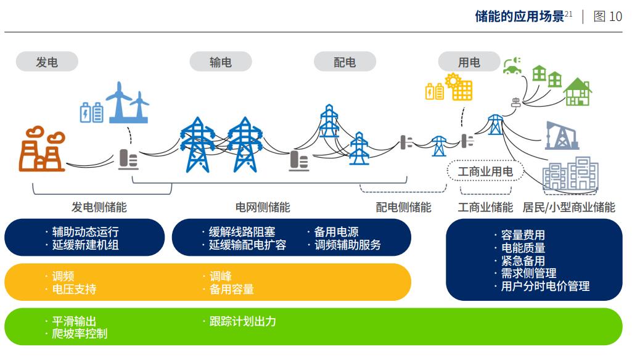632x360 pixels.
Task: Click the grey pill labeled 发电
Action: pos(47,62)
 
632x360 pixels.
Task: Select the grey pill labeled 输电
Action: pos(221,62)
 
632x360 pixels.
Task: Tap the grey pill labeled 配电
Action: pos(345,62)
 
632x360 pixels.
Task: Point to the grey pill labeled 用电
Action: pos(469,62)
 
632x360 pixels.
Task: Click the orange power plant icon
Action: pos(42,149)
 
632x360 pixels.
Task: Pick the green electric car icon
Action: pos(512,66)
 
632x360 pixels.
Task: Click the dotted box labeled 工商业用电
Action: pos(485,171)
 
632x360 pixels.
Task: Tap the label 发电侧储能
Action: pos(99,207)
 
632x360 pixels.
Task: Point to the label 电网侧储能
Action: pos(263,207)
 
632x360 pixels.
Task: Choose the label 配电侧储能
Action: pos(403,207)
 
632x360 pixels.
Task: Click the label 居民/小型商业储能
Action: pos(568,207)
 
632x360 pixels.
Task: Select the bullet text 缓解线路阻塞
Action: pos(242,232)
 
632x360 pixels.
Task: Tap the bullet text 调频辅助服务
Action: pos(347,245)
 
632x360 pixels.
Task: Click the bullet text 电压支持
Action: pos(74,289)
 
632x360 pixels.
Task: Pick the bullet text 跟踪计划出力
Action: pos(243,321)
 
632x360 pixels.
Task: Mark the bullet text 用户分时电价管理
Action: pos(545,286)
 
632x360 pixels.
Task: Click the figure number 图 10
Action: pos(607,17)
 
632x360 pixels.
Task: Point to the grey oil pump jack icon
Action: pos(562,136)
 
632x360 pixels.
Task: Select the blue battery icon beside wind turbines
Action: pos(91,112)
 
